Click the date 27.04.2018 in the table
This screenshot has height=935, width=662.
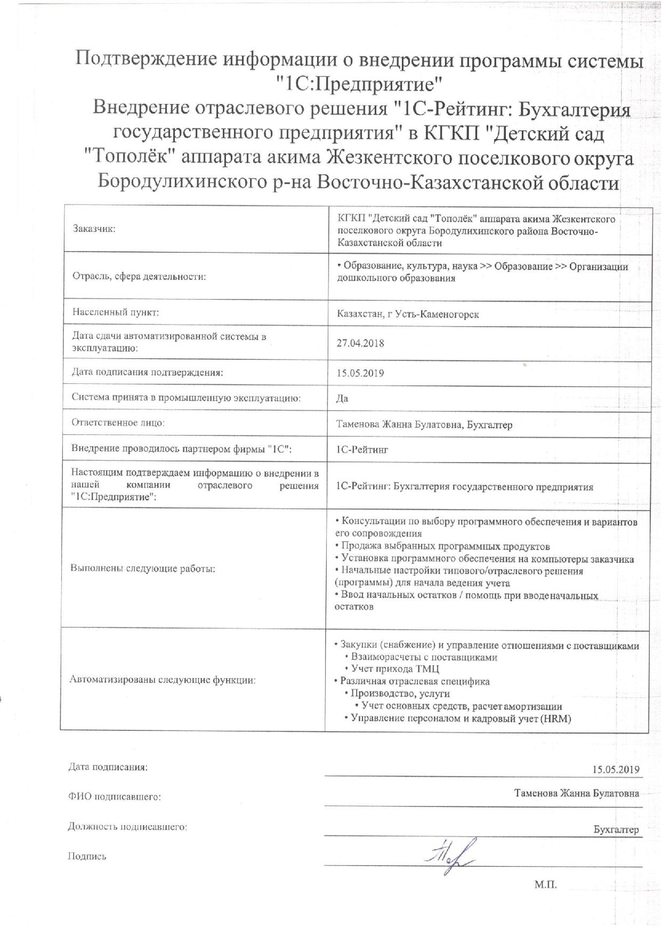[x=360, y=343]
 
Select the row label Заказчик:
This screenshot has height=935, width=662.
[x=94, y=229]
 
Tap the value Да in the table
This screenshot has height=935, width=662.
[x=342, y=399]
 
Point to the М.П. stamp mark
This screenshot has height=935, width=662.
[x=545, y=885]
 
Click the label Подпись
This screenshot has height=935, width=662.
[x=87, y=857]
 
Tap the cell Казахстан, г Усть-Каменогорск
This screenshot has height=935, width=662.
[x=408, y=314]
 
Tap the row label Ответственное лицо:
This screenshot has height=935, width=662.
[x=118, y=423]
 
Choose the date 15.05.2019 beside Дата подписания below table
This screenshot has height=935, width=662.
[x=615, y=769]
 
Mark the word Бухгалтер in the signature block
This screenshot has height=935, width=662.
[x=616, y=830]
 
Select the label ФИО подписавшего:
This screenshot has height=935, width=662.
[x=115, y=797]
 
